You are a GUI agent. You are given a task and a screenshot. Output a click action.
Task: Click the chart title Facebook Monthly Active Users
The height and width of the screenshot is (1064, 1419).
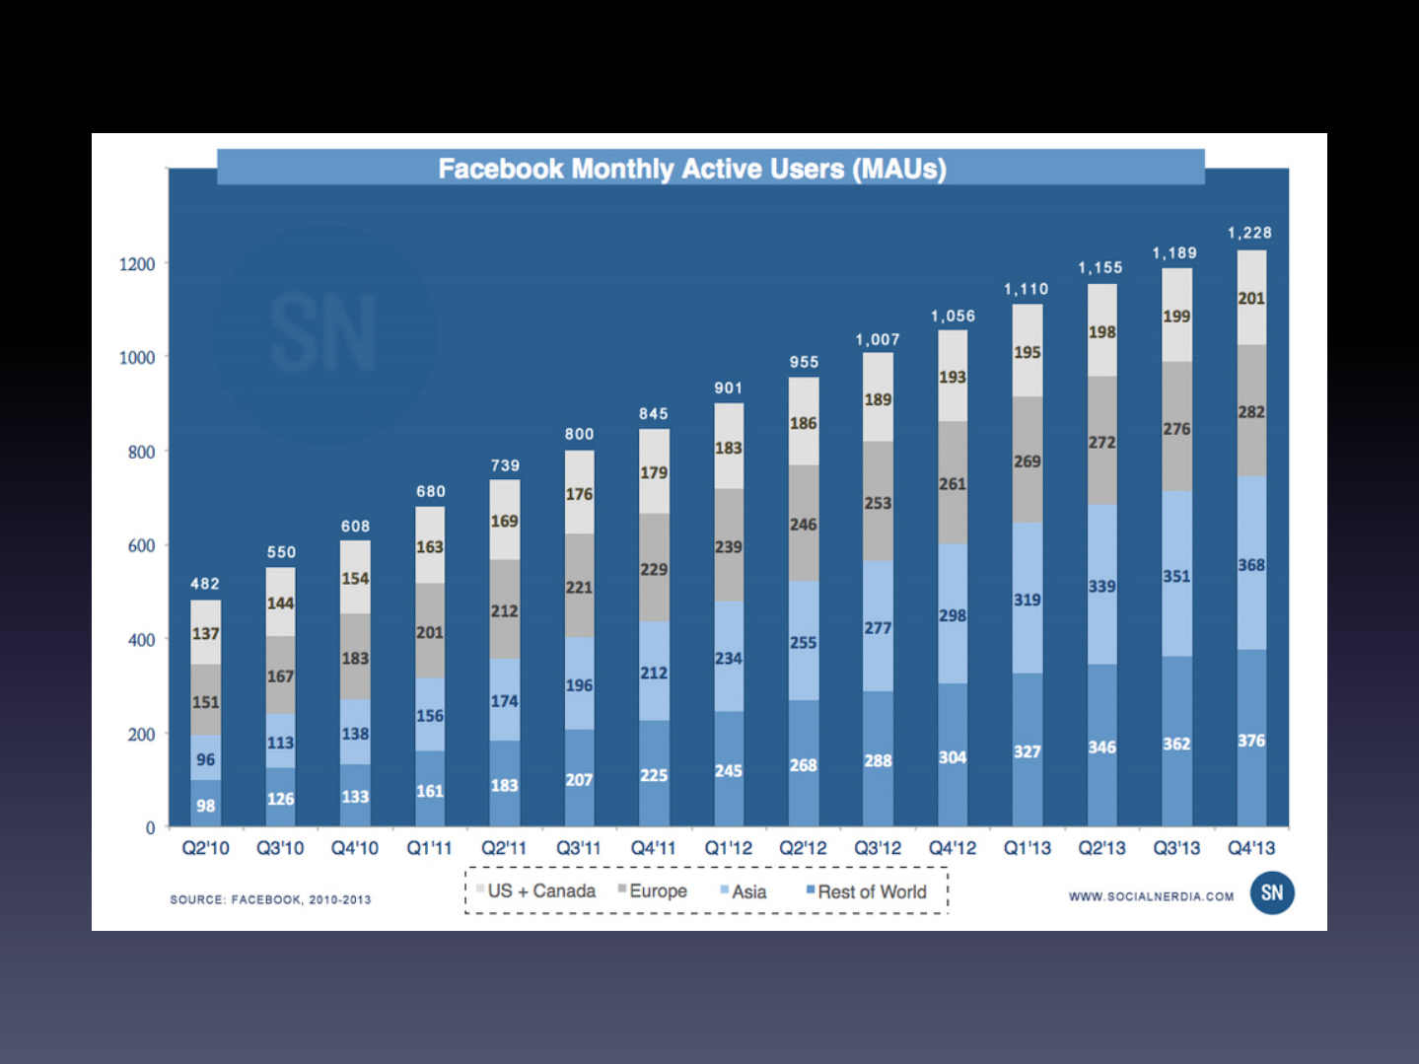[x=692, y=169]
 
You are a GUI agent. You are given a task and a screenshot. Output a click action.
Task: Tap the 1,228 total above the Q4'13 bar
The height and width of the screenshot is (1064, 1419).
[x=1249, y=233]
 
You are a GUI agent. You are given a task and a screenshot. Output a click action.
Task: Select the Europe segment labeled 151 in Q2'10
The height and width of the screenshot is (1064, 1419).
[x=205, y=700]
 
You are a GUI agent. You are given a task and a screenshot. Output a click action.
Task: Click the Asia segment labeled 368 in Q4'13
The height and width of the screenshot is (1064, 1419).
[x=1251, y=564]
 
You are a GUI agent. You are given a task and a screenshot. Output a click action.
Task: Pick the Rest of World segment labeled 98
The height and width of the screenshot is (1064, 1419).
[x=205, y=805]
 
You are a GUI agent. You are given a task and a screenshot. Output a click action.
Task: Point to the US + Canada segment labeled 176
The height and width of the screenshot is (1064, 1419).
[x=579, y=493]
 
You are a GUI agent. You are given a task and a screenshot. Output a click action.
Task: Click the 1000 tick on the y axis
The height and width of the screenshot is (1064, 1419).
[x=137, y=358]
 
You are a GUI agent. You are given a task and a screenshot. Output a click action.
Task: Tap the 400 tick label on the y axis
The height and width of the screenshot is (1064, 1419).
[x=141, y=640]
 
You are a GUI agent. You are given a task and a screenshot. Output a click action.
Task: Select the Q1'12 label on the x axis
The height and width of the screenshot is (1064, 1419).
[x=728, y=848]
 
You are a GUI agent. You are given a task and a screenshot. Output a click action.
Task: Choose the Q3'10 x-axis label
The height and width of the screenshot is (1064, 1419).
[x=280, y=848]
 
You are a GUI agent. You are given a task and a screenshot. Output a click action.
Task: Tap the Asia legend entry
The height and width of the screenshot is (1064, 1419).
[x=747, y=891]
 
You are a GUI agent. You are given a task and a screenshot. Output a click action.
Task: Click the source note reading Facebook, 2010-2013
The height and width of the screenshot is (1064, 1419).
[x=270, y=899]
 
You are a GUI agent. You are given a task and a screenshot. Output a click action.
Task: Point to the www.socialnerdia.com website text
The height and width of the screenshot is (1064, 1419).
[x=1151, y=896]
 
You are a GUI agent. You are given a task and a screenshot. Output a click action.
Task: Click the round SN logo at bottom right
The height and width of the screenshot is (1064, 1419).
[x=1272, y=892]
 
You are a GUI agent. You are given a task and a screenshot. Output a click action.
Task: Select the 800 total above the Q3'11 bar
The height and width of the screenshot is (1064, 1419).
[x=579, y=434]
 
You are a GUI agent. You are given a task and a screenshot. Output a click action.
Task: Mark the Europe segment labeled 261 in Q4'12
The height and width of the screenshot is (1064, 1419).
[x=953, y=483]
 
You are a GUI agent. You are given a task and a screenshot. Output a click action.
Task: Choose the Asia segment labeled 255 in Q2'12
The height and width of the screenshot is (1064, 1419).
[x=803, y=642]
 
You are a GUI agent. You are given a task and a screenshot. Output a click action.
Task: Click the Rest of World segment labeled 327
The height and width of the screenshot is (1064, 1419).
[x=1028, y=751]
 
